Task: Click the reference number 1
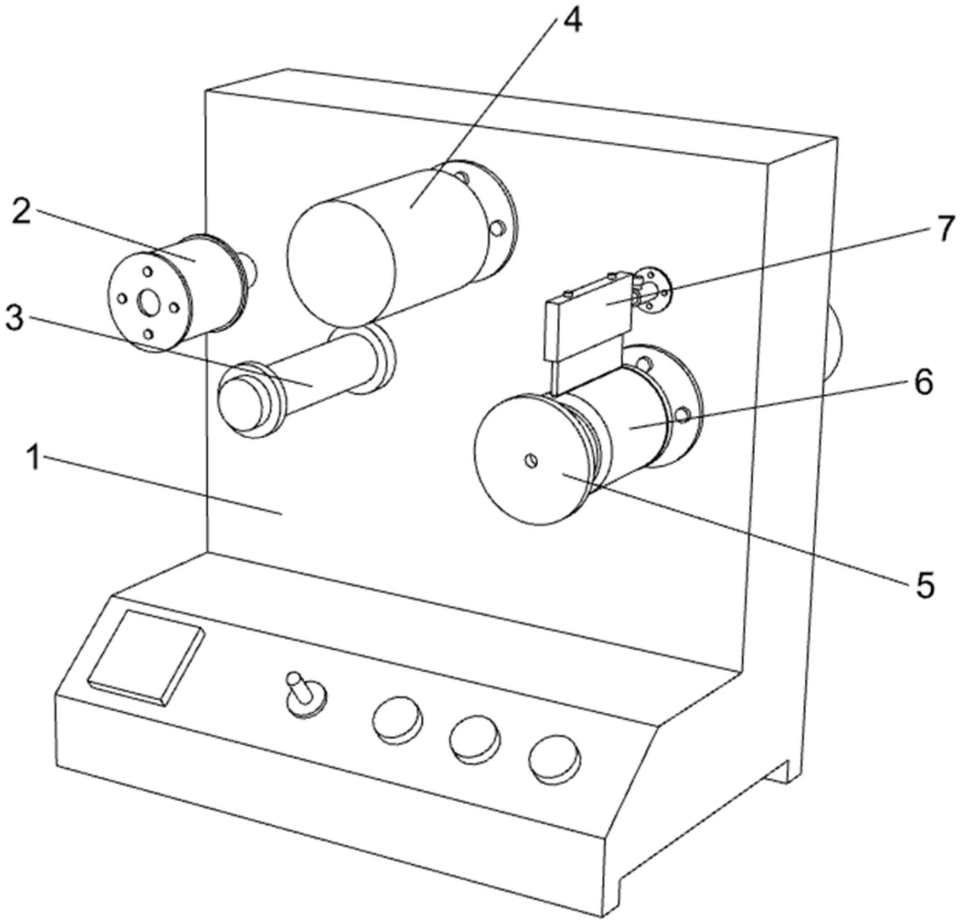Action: pyautogui.click(x=35, y=458)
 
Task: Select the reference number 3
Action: pyautogui.click(x=15, y=317)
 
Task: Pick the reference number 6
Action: pyautogui.click(x=924, y=382)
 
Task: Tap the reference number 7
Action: pyautogui.click(x=945, y=229)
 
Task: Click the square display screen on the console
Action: pyautogui.click(x=146, y=659)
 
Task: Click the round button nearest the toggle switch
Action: pyautogui.click(x=397, y=721)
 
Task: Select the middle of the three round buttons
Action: pyautogui.click(x=475, y=740)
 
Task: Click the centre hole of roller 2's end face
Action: pyautogui.click(x=149, y=303)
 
